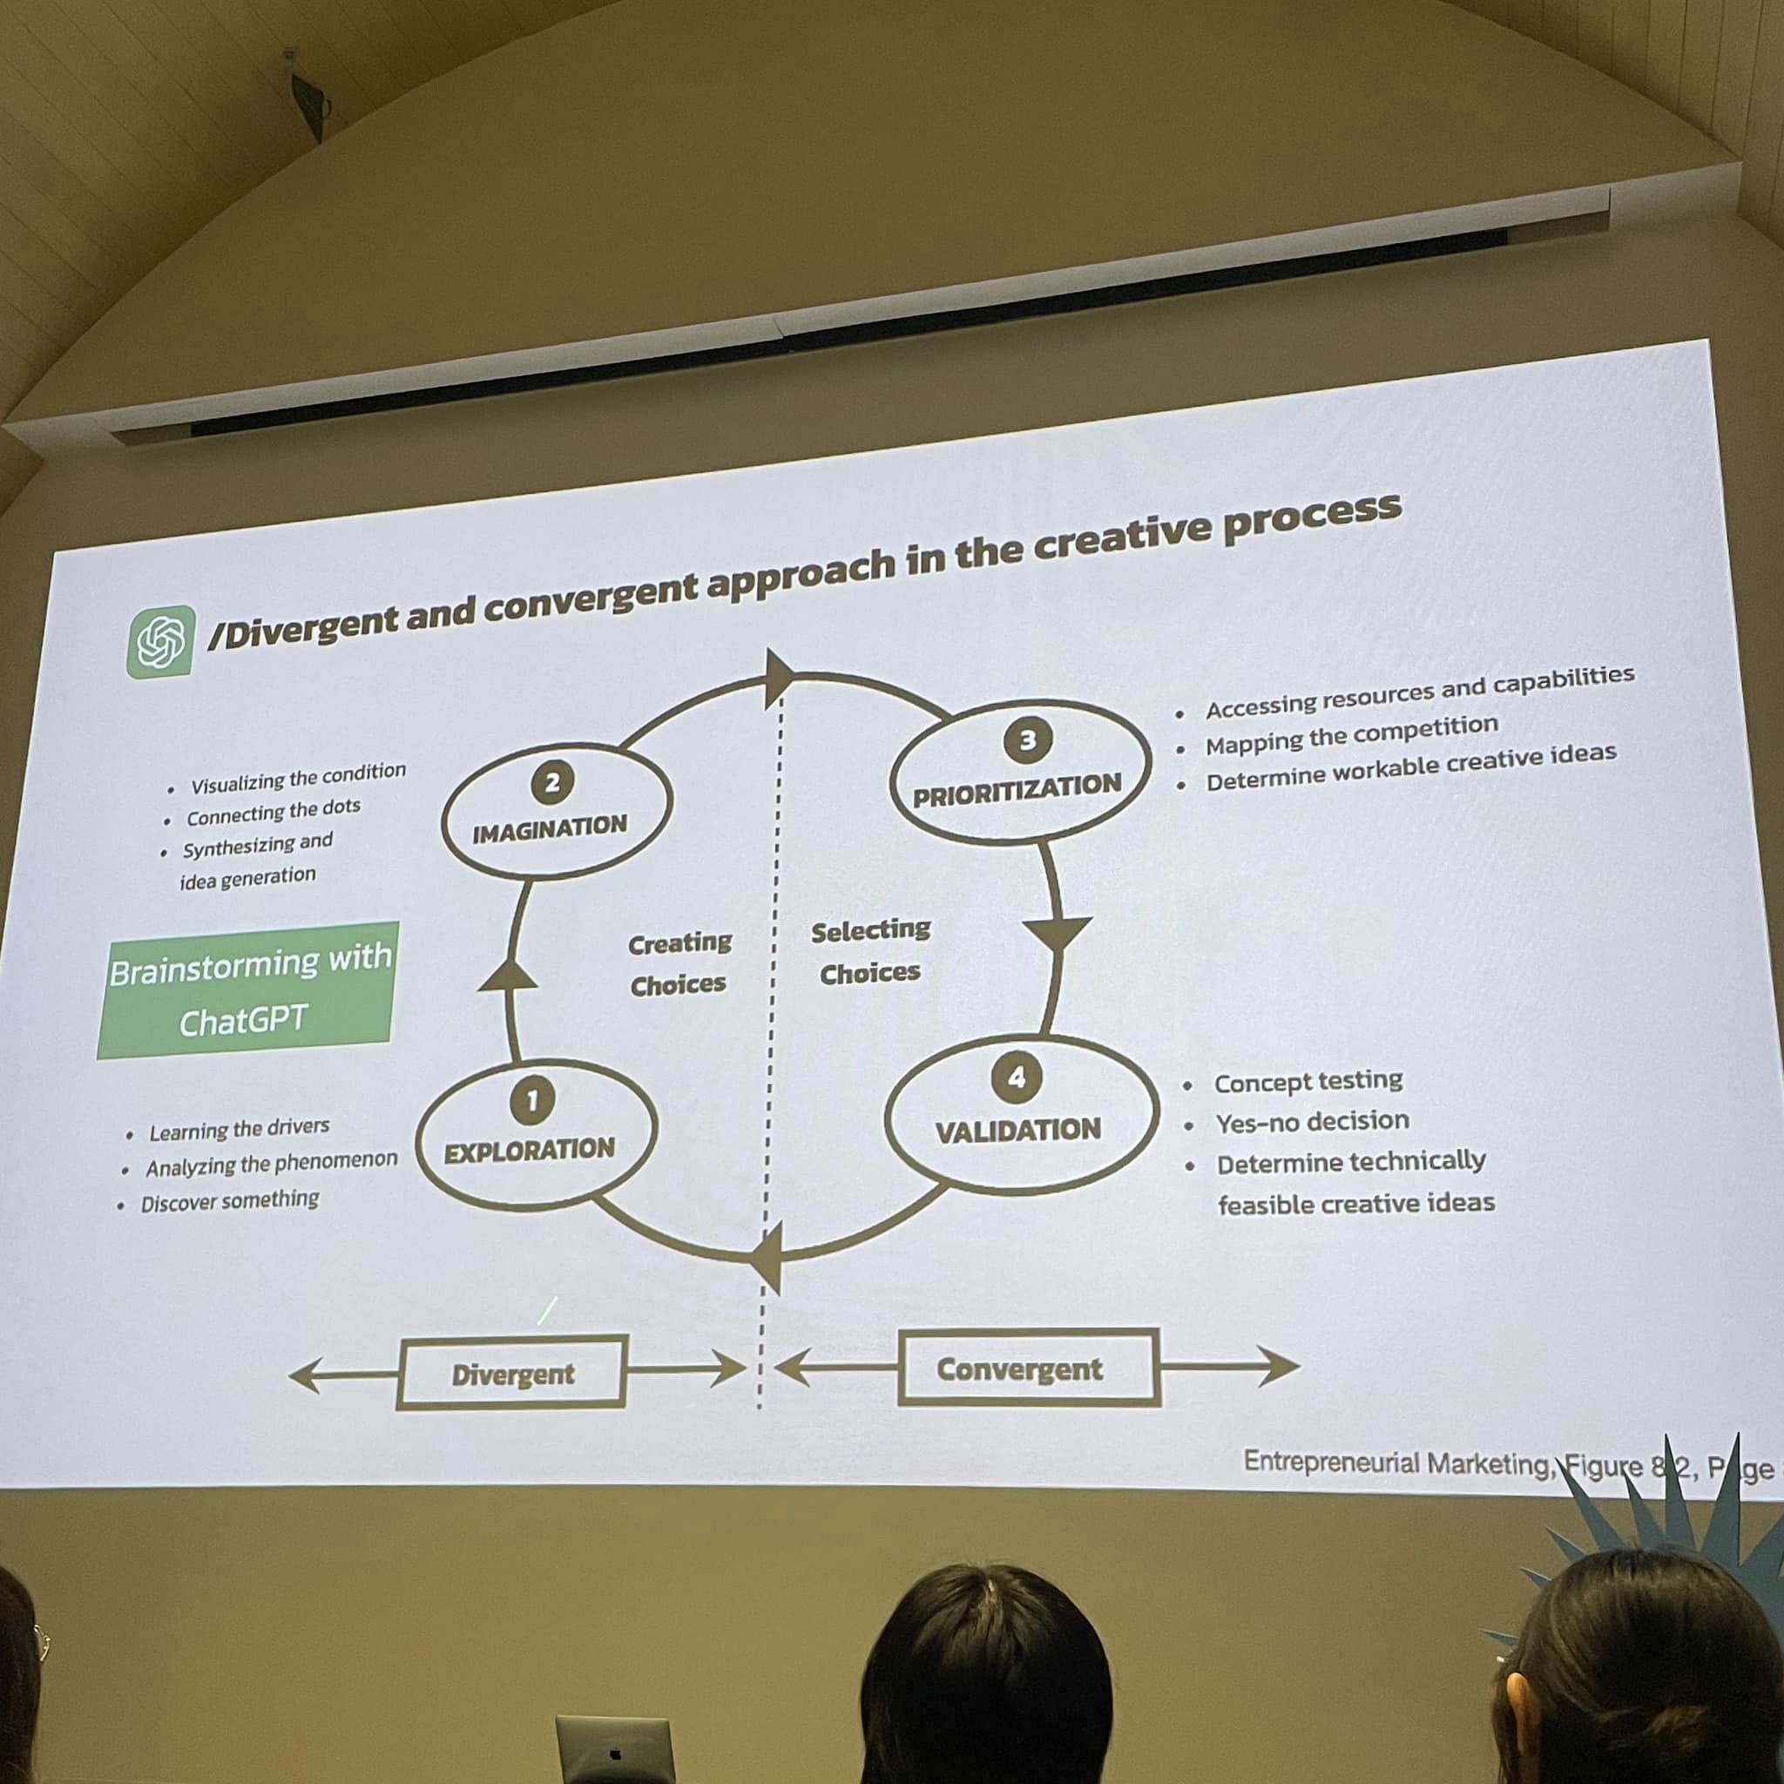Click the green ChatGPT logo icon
tap(160, 642)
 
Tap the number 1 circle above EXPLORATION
tap(532, 1100)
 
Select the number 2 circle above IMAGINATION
tap(552, 784)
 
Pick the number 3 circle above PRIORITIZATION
tap(1027, 740)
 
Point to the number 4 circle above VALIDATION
tap(1017, 1078)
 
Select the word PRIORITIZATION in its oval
tap(1017, 790)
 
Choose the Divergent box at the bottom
tap(512, 1374)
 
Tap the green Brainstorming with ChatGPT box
tap(247, 990)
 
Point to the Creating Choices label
tap(679, 964)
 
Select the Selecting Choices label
tap(870, 951)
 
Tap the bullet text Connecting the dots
tap(274, 813)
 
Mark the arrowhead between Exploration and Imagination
tap(507, 975)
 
